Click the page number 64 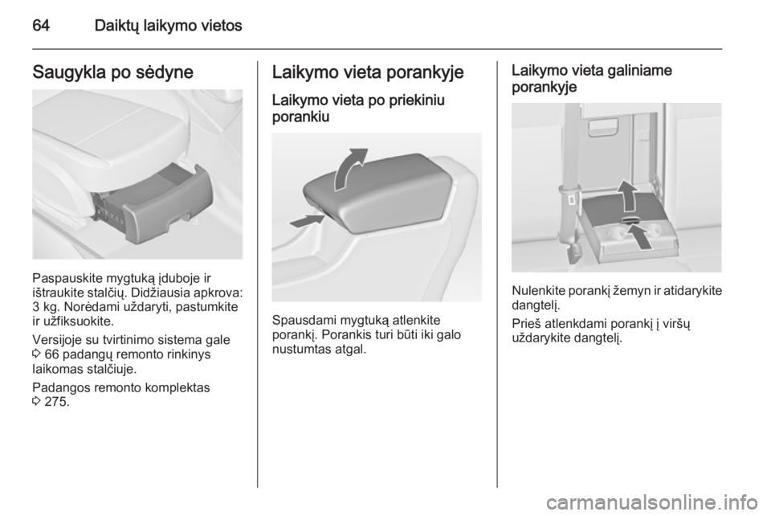[x=41, y=26]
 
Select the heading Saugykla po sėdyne [x=112, y=72]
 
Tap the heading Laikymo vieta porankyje [x=368, y=72]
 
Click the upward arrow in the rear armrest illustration [x=626, y=195]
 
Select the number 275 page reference [x=56, y=402]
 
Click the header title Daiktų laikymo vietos [x=168, y=26]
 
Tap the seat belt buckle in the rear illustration [x=571, y=198]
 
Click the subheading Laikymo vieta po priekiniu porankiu [x=358, y=109]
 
